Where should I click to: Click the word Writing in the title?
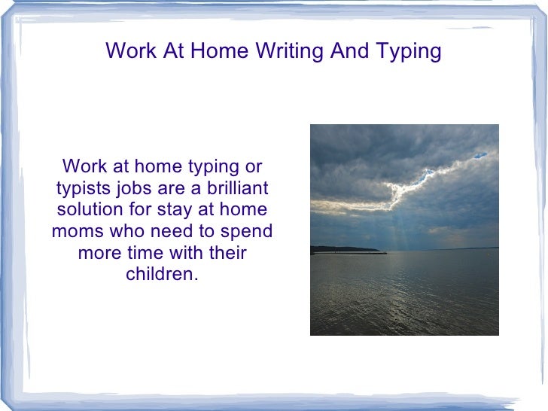[288, 51]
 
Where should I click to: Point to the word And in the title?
[349, 51]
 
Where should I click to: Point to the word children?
[161, 274]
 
